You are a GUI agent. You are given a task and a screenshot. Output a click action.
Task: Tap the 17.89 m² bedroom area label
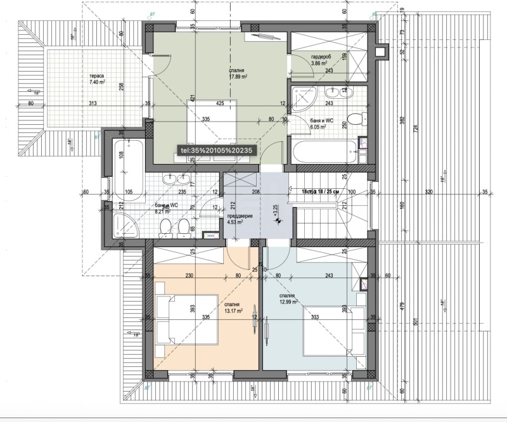pos(238,74)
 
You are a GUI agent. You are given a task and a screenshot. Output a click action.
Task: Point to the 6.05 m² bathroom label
pos(318,124)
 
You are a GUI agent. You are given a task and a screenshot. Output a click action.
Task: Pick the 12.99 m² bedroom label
pos(288,299)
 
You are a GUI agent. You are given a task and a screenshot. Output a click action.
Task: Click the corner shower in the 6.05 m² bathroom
pos(307,98)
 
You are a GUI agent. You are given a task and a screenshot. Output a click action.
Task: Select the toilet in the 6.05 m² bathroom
pos(357,118)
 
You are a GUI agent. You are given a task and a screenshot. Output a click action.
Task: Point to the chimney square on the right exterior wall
pos(381,52)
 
